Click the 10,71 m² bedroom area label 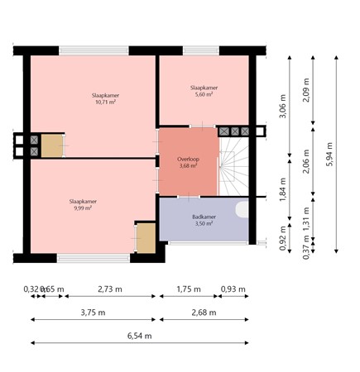105,99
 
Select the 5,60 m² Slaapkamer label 203,91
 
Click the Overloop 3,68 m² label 189,161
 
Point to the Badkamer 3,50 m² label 203,219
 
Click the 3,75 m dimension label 93,313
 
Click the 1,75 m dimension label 189,289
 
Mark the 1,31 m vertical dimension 306,217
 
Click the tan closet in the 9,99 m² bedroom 146,238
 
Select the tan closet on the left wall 52,146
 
